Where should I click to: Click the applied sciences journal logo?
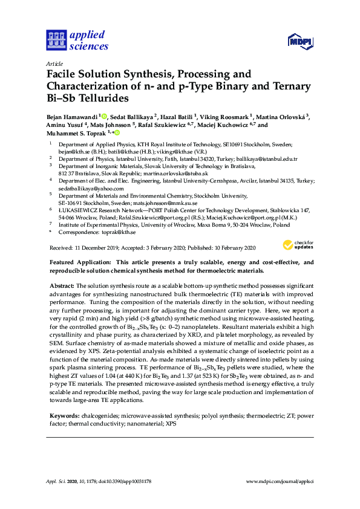pyautogui.click(x=77, y=40)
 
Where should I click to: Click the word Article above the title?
pyautogui.click(x=54, y=63)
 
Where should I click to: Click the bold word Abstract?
pyautogui.click(x=62, y=285)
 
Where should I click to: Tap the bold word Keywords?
pyautogui.click(x=64, y=417)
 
